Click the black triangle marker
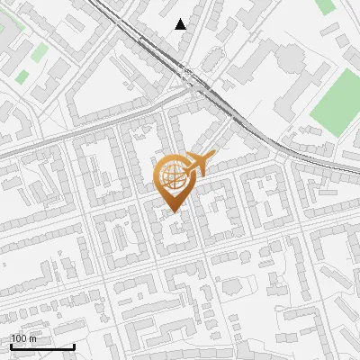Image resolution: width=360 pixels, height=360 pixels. click(181, 24)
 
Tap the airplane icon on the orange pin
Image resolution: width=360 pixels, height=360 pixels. click(200, 164)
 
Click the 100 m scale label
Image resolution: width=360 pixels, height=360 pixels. click(23, 339)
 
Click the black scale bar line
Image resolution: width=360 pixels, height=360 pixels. click(42, 346)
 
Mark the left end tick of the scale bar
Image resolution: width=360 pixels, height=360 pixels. click(11, 345)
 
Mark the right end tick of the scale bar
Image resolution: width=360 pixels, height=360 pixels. click(74, 345)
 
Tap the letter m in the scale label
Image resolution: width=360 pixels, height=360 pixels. click(33, 339)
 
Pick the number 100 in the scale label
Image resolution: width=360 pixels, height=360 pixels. click(19, 339)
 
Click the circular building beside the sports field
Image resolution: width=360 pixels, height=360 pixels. click(290, 60)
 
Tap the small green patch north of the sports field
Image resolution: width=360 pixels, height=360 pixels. click(325, 6)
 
